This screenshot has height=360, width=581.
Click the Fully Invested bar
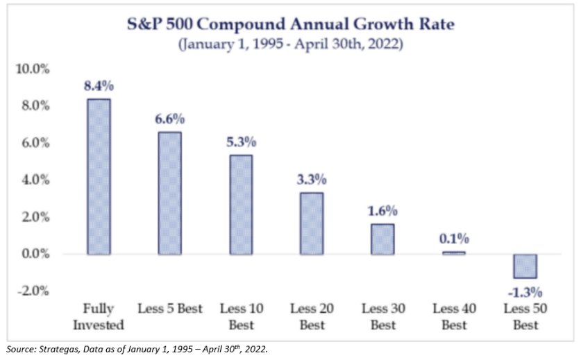point(99,176)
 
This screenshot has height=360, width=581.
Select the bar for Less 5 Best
point(170,193)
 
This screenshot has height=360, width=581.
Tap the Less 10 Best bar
point(241,205)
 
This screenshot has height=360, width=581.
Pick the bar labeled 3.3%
point(312,223)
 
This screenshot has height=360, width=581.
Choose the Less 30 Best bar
point(382,239)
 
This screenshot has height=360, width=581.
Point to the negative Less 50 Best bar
point(524,266)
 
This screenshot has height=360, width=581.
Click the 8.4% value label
point(99,87)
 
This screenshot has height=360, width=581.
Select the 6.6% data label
point(170,119)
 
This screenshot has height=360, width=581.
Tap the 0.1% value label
point(453,239)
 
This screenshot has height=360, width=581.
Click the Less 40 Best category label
point(453,316)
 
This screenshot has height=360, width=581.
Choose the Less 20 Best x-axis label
point(312,316)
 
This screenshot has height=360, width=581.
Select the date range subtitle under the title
point(290,46)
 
